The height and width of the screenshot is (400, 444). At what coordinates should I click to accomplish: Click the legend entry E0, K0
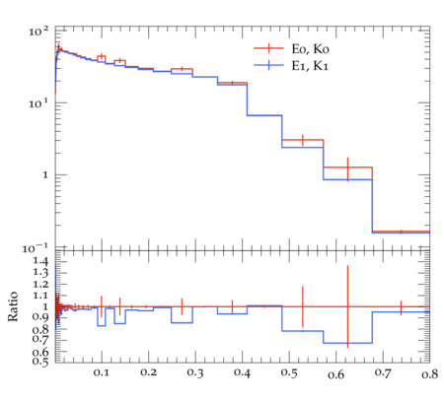pos(310,49)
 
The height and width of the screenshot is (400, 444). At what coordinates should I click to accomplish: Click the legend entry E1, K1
pos(310,66)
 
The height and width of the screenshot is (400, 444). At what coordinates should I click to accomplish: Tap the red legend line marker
pos(268,48)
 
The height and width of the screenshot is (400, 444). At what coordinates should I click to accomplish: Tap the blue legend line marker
pos(268,65)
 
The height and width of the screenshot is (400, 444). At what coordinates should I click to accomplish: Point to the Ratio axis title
pos(13,305)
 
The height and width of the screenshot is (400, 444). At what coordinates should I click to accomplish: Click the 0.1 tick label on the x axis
pos(102,372)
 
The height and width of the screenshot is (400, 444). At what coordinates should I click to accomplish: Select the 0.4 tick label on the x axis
pos(242,372)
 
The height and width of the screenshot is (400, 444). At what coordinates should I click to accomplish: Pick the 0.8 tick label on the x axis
pos(429,373)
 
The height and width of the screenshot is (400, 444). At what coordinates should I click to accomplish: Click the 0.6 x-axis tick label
pos(335,374)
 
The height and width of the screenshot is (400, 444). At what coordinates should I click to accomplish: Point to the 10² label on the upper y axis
pos(38,32)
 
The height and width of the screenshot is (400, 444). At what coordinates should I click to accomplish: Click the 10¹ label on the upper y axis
pos(38,103)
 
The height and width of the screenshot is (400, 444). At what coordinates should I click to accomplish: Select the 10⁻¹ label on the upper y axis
pos(36,248)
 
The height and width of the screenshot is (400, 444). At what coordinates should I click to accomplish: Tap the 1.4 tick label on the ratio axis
pos(40,261)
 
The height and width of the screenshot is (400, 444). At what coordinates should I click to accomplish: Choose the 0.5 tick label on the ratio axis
pos(40,362)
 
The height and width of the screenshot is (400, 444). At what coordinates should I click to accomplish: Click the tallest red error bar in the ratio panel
pos(347,306)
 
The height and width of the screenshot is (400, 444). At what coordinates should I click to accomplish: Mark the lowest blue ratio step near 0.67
pos(347,343)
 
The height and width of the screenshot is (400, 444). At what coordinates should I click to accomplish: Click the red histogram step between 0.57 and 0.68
pos(347,167)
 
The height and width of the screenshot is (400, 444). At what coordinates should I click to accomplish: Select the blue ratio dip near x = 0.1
pos(102,325)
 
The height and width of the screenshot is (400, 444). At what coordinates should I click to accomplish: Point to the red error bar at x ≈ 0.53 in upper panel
pos(303,140)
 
